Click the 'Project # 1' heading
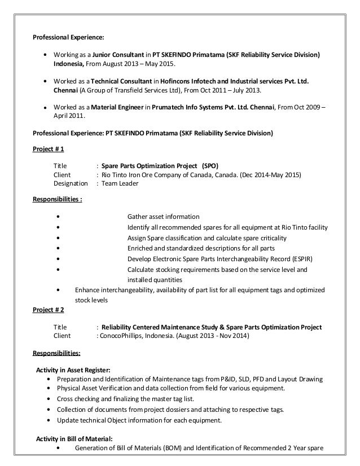(x=49, y=150)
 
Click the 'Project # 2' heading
(x=49, y=310)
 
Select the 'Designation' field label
(x=71, y=183)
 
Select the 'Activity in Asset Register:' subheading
(x=73, y=370)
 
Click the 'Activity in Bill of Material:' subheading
(x=74, y=439)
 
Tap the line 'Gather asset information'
(x=163, y=217)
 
